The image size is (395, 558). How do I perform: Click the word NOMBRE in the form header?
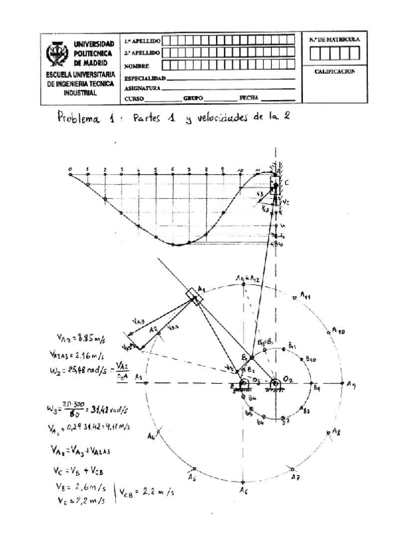[x=136, y=66]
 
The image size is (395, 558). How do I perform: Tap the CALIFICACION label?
[x=334, y=71]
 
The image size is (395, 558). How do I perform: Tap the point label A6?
[x=244, y=491]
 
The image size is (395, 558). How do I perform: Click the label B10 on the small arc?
[x=310, y=359]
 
